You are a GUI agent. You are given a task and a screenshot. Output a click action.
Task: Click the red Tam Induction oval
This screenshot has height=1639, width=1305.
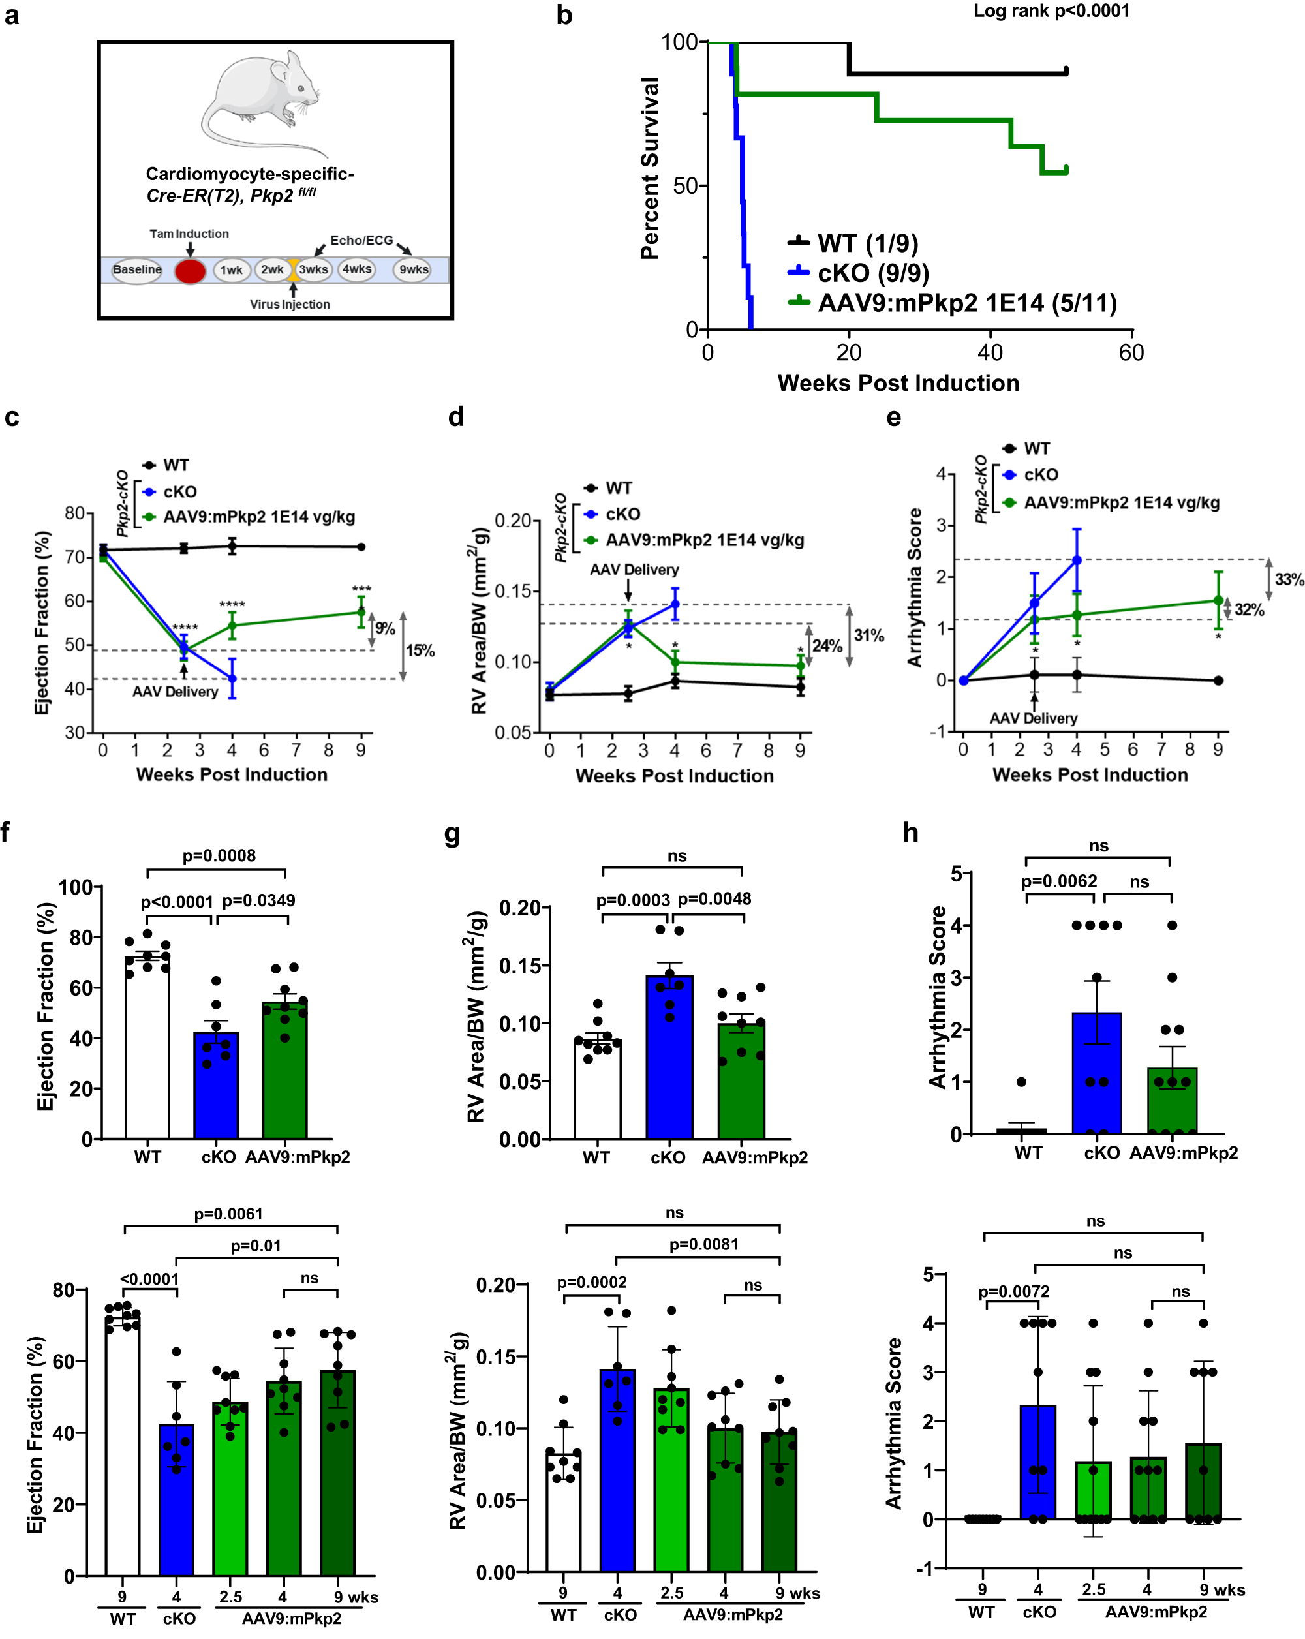tap(190, 271)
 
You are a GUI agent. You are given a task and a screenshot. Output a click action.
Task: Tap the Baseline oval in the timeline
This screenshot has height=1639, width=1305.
tap(138, 270)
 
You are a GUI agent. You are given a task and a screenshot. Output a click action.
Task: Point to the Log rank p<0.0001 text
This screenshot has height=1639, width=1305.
tap(1051, 11)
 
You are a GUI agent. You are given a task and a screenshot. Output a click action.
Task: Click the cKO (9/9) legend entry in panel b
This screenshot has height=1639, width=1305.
tap(872, 273)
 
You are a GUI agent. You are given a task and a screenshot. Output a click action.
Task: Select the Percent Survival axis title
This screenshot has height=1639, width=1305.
tap(650, 169)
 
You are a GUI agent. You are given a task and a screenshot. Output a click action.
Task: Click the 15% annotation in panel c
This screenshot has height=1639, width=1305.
tap(420, 651)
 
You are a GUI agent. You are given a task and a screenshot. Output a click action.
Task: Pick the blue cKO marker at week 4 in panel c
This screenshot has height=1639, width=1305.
tap(232, 678)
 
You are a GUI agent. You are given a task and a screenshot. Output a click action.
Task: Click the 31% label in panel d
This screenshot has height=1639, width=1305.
tap(868, 636)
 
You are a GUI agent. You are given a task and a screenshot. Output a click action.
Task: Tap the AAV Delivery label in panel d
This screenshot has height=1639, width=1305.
tap(634, 570)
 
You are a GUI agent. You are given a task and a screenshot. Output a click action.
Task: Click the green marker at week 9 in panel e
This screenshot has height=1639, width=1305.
tap(1218, 600)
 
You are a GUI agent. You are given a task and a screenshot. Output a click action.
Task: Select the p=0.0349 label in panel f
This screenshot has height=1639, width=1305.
tap(258, 901)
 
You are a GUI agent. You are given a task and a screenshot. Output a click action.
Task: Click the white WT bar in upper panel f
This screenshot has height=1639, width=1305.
tap(147, 1057)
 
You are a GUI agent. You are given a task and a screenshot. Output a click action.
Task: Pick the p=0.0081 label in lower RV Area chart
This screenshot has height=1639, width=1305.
tap(703, 1244)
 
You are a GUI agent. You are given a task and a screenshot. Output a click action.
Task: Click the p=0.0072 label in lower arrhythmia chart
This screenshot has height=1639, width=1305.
tap(1013, 1293)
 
